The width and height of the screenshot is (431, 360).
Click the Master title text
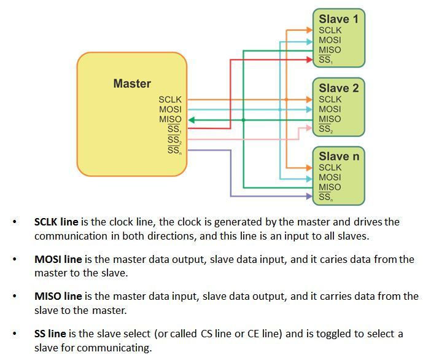pos(132,84)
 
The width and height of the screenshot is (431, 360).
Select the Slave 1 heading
pos(339,19)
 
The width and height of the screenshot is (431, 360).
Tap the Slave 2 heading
pos(339,88)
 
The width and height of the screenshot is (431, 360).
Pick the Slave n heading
pos(339,156)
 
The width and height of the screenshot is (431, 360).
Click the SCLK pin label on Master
pos(170,100)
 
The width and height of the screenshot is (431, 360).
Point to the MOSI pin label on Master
pos(170,109)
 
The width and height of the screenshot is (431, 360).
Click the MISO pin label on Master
pos(170,119)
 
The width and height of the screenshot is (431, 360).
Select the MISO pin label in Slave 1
pos(330,50)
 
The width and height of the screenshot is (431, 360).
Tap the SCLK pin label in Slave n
pos(330,167)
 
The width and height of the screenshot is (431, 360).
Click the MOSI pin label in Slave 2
pos(330,109)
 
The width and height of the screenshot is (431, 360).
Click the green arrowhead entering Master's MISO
pos(192,120)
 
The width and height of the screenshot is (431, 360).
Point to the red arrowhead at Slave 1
pos(309,60)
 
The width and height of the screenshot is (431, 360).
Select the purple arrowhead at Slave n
pos(309,196)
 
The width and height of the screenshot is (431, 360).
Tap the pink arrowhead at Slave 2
pos(309,128)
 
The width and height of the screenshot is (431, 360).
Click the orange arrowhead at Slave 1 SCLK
pos(309,30)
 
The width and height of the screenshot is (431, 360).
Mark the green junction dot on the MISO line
pos(243,120)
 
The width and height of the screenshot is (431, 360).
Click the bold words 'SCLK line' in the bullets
pos(56,222)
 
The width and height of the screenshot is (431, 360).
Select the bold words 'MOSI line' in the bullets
pos(58,259)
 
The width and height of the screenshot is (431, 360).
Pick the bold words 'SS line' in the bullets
pos(50,334)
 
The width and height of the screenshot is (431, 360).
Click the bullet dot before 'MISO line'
pos(15,296)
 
